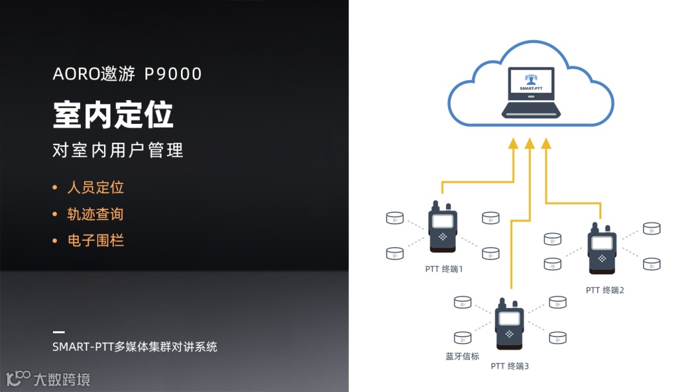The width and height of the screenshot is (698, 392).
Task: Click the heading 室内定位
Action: point(113,115)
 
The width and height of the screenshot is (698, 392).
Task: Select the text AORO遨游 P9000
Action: point(127,74)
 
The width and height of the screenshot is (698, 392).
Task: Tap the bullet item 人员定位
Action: point(95,188)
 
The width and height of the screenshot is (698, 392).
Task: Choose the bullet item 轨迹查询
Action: point(95,214)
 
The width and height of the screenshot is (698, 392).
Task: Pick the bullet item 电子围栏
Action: point(95,241)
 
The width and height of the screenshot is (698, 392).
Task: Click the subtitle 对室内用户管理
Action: point(118,150)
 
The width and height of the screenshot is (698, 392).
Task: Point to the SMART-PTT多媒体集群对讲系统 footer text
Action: point(134,347)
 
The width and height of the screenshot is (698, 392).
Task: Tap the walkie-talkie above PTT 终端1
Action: point(443,229)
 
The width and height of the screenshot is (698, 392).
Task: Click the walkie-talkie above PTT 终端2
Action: point(602,249)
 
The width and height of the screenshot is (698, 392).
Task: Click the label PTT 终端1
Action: point(444,269)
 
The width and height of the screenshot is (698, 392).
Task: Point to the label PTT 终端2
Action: point(605,290)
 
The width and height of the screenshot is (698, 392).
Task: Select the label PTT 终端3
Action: point(510,366)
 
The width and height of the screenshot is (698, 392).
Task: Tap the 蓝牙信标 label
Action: point(462,356)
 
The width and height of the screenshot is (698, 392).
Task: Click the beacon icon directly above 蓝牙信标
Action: point(463,337)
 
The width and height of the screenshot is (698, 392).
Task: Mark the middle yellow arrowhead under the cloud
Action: point(530,143)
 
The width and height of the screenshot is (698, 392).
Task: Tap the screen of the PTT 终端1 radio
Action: point(443,222)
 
